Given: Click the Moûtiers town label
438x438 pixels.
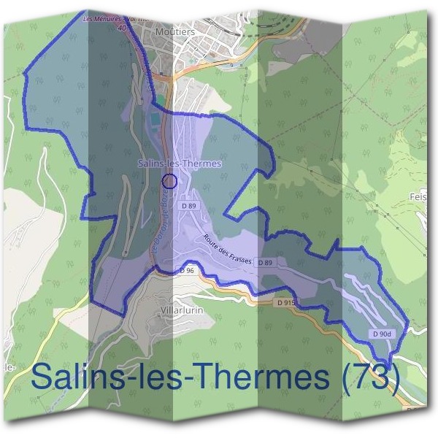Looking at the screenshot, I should (x=174, y=32).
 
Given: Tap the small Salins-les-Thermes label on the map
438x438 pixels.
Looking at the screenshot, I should (x=180, y=164).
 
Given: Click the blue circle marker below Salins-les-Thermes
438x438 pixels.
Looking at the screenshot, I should (x=169, y=180).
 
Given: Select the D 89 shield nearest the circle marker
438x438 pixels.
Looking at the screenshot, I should (x=188, y=206).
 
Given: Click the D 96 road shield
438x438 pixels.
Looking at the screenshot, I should (x=186, y=270).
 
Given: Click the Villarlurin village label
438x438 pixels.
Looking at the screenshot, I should (x=179, y=310).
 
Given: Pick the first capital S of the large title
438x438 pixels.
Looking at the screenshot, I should (x=43, y=377).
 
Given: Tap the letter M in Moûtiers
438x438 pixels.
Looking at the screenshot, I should (x=162, y=32).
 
